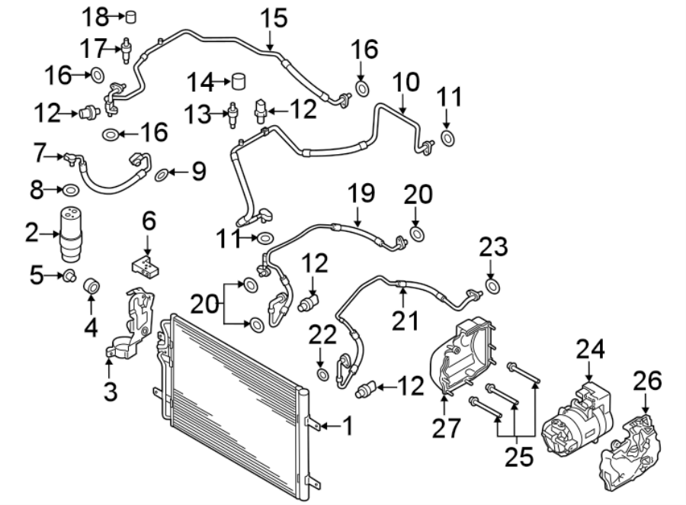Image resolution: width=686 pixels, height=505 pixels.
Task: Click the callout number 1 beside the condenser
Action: tap(348, 426)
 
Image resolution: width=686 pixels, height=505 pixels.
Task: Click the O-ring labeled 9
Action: tap(162, 176)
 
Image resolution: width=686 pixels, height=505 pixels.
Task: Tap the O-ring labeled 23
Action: tap(492, 286)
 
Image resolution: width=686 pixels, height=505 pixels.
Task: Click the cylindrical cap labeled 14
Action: tap(242, 81)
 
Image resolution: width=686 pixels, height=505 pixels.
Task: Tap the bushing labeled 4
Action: tap(91, 286)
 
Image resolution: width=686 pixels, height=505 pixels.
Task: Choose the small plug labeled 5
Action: tap(69, 275)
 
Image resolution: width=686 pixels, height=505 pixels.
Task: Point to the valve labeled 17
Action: tap(124, 50)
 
